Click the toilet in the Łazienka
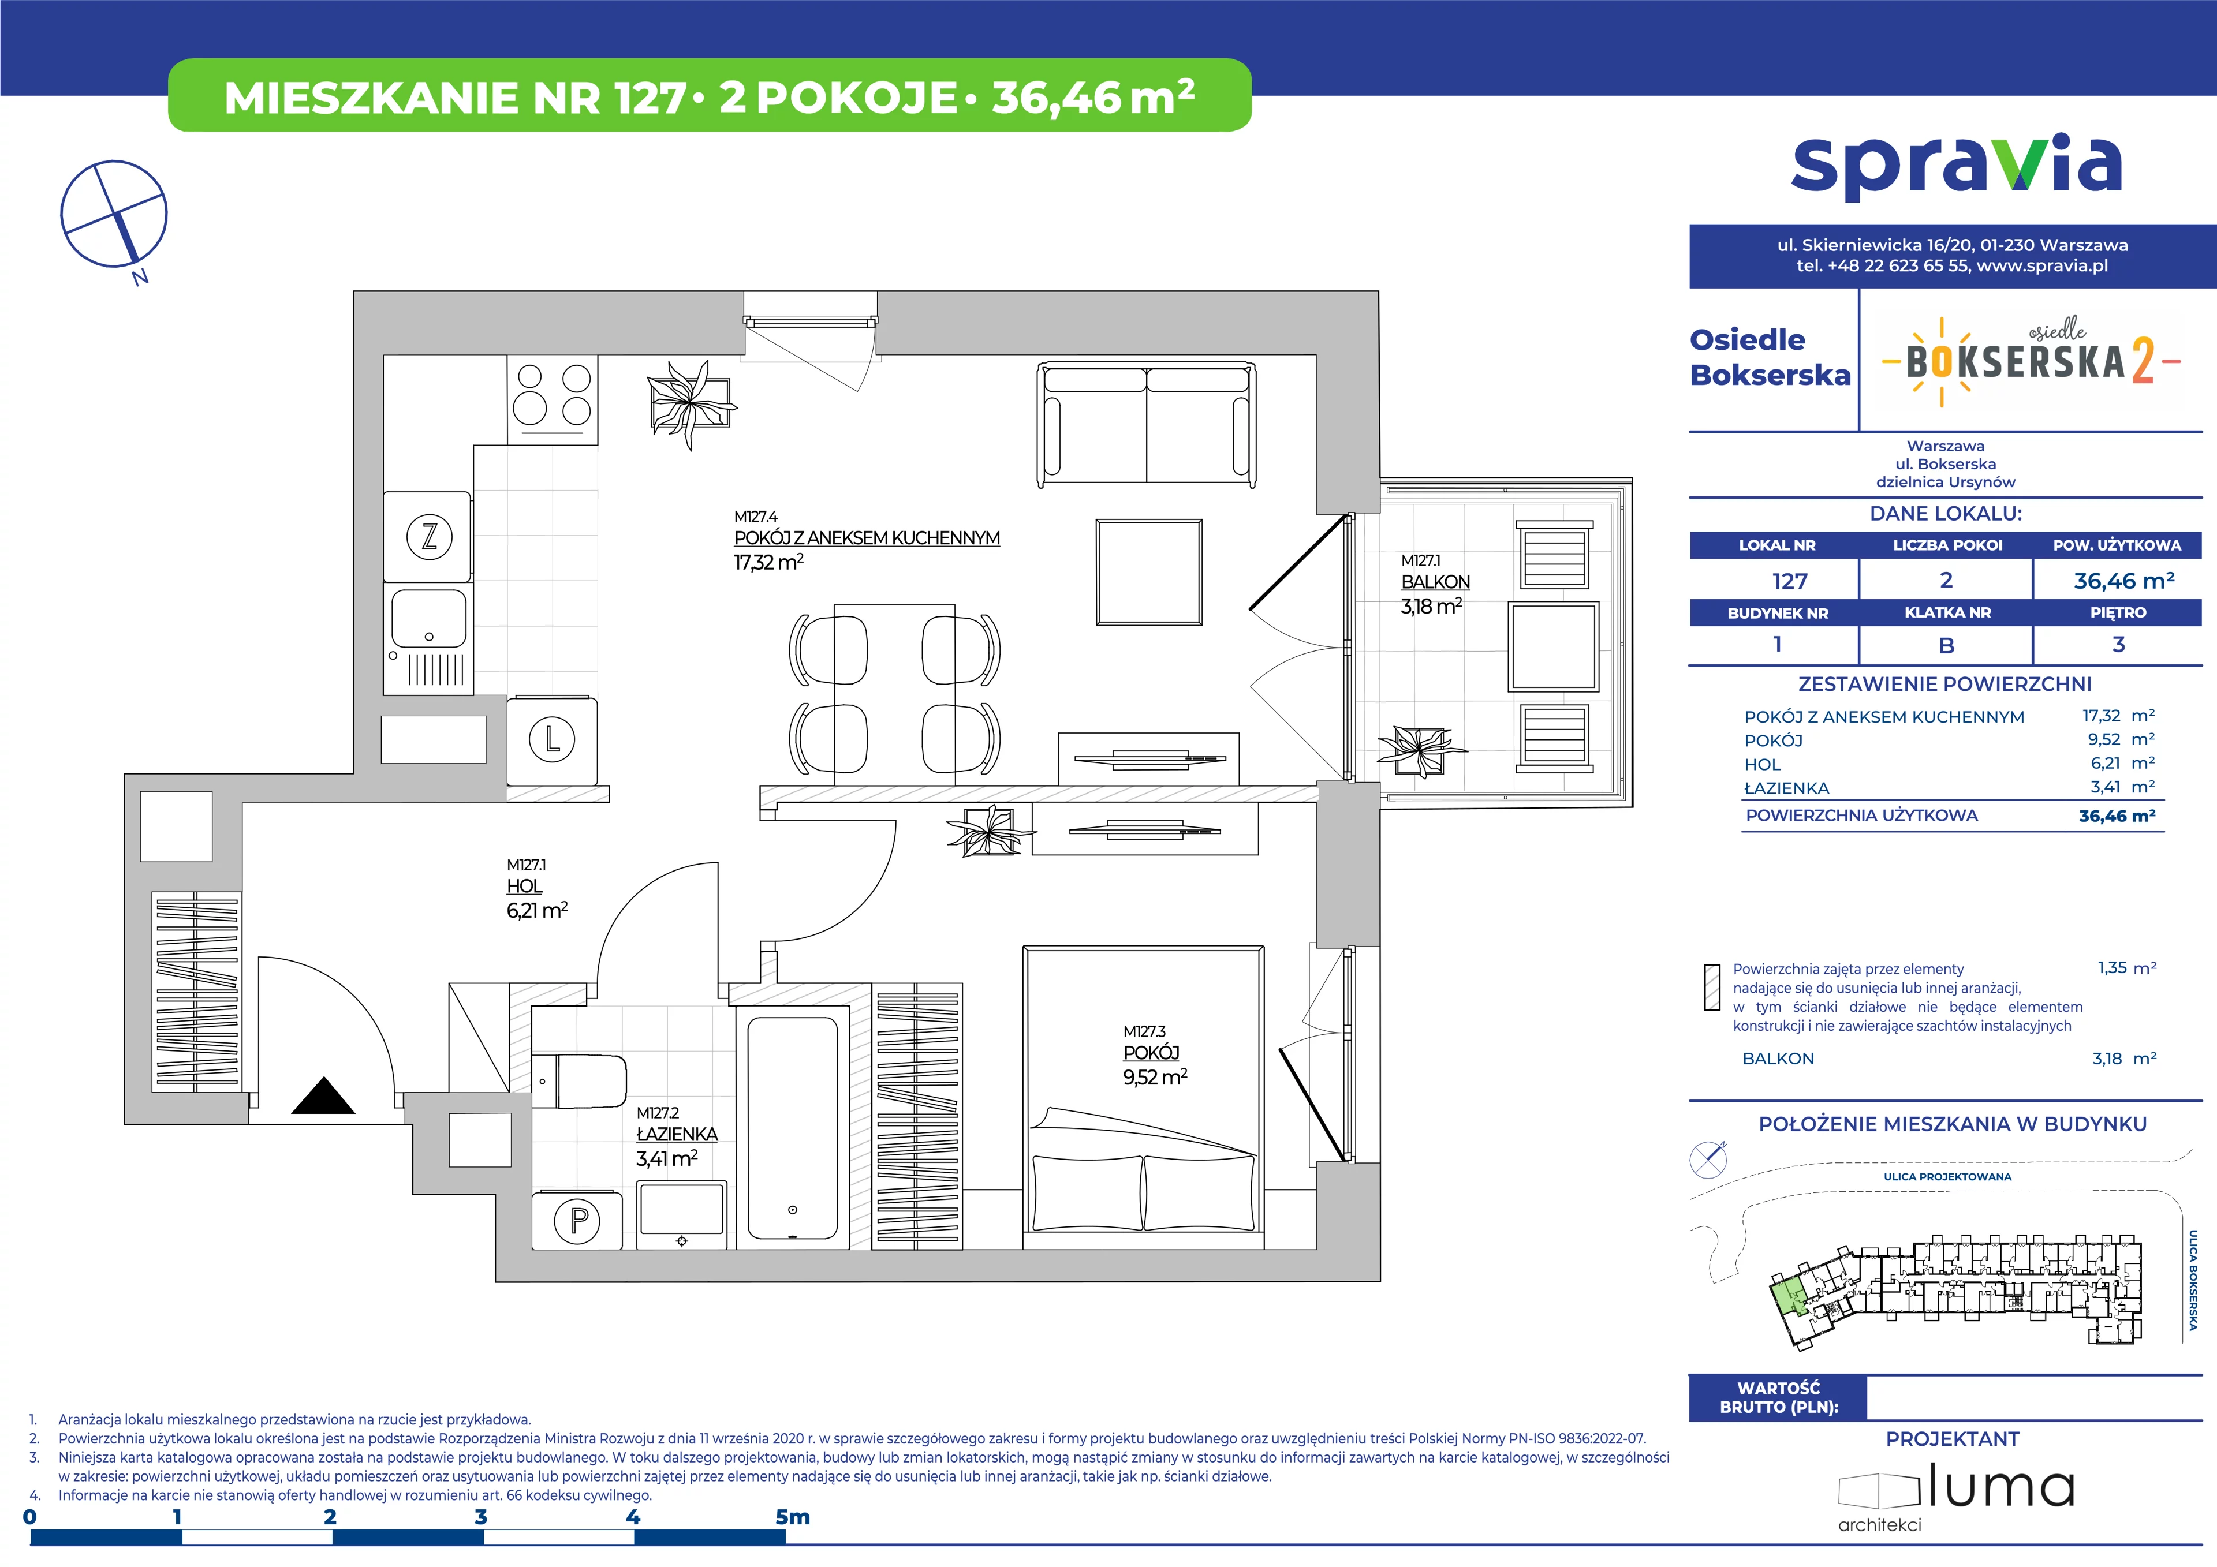coord(579,1082)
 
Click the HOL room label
coord(524,885)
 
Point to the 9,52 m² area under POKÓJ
coord(1155,1076)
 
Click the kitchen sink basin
coord(429,618)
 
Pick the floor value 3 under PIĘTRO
coord(2118,644)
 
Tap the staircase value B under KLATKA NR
coord(1947,645)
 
